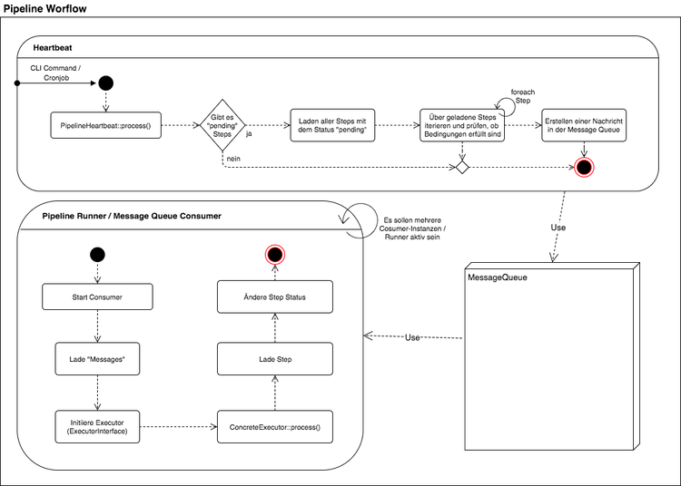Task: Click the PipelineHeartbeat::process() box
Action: click(105, 125)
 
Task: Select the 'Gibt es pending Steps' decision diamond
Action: click(222, 125)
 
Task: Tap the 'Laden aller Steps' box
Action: click(332, 125)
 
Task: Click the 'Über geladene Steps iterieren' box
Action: click(462, 125)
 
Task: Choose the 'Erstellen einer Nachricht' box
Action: click(584, 125)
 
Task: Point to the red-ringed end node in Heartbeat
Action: click(584, 168)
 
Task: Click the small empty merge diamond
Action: click(462, 168)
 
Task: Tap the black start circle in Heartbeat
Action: click(105, 83)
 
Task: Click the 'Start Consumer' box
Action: click(97, 297)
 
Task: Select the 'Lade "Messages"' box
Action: click(97, 359)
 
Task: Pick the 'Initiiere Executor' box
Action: click(97, 426)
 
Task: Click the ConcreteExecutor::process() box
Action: click(275, 426)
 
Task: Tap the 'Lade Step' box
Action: click(275, 359)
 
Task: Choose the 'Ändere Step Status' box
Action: click(275, 297)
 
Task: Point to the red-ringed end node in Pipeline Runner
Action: click(275, 255)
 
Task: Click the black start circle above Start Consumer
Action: click(97, 255)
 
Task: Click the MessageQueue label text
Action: click(498, 277)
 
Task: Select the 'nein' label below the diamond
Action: click(233, 159)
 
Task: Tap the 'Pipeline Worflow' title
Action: click(44, 9)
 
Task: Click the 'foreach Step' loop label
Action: click(523, 96)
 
